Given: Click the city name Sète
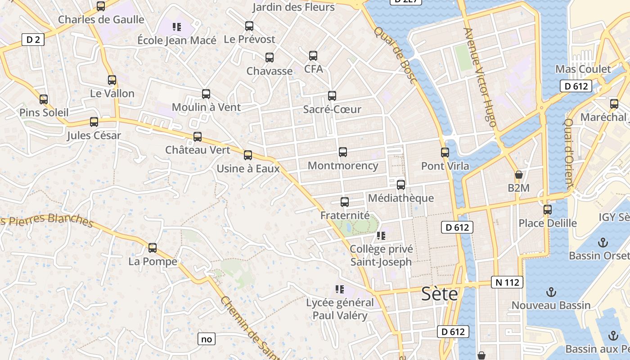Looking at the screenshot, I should [x=439, y=294].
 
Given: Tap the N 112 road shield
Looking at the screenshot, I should [x=507, y=282].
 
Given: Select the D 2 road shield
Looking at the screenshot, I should [x=33, y=40].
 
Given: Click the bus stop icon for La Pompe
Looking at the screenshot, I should [x=153, y=247].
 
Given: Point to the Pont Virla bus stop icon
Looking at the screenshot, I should [x=445, y=152].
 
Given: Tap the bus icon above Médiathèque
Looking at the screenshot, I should [x=401, y=184].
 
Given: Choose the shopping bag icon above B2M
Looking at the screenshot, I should [x=519, y=175].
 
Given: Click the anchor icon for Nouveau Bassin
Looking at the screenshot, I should [x=551, y=292].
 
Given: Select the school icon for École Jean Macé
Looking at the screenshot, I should [x=177, y=27].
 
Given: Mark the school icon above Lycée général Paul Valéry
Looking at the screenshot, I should [x=340, y=289].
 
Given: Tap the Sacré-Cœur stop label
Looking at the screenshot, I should [x=332, y=109].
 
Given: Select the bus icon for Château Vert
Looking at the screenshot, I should [x=198, y=137].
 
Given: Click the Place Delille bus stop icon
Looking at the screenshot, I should [x=548, y=209].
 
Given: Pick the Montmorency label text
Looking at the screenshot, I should [x=343, y=166].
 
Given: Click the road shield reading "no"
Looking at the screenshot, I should [x=207, y=339].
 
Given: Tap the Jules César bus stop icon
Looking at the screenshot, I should [x=94, y=122].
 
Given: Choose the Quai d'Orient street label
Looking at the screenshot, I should [x=568, y=153].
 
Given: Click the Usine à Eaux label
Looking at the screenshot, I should [x=248, y=169].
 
